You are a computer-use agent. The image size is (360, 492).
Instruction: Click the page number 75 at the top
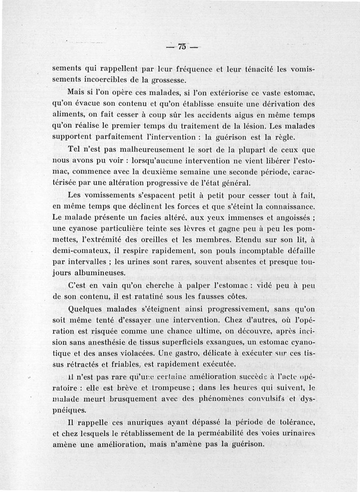tap(182, 46)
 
